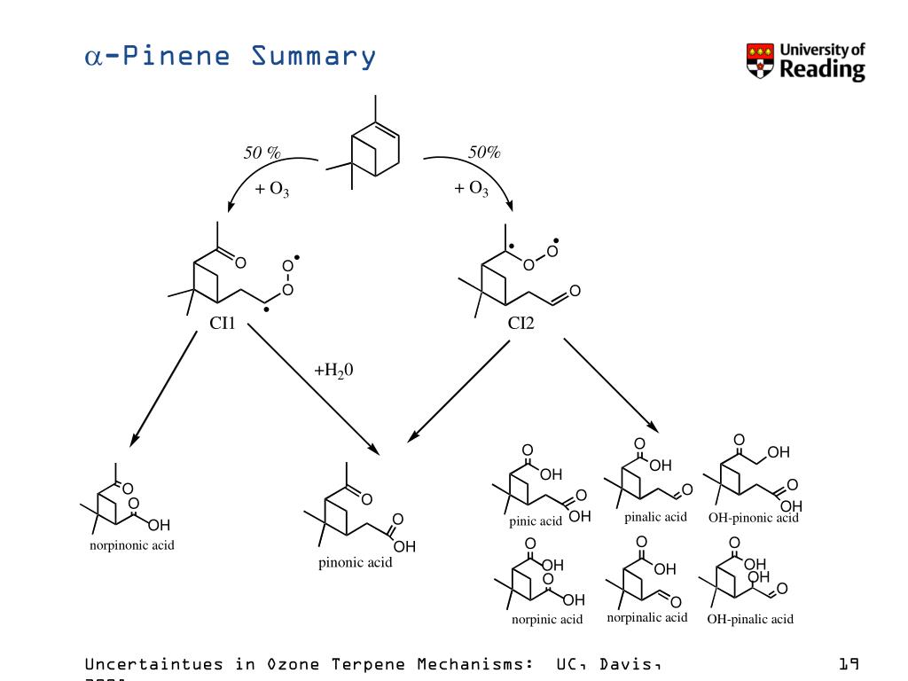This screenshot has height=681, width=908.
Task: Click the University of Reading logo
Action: [805, 61]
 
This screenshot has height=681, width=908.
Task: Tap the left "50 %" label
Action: [262, 153]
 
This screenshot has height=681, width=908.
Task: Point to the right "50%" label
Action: [485, 153]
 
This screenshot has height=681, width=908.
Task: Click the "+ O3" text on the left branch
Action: [272, 189]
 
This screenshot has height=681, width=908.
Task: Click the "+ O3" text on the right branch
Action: [472, 189]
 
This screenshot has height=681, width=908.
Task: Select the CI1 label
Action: [222, 324]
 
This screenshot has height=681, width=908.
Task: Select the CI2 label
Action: [521, 324]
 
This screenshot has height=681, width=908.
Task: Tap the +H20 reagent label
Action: [334, 370]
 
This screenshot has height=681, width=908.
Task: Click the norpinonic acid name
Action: [132, 545]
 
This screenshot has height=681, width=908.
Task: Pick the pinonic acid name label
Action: [355, 563]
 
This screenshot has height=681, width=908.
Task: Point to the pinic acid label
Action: [536, 521]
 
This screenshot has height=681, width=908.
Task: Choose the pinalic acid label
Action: [655, 517]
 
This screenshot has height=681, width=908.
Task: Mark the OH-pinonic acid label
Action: [753, 518]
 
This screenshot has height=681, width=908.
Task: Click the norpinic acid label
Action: [546, 619]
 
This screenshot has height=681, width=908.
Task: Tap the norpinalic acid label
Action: [646, 617]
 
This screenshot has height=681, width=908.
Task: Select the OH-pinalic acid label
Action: [749, 619]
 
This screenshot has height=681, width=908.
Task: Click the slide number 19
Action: [849, 663]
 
